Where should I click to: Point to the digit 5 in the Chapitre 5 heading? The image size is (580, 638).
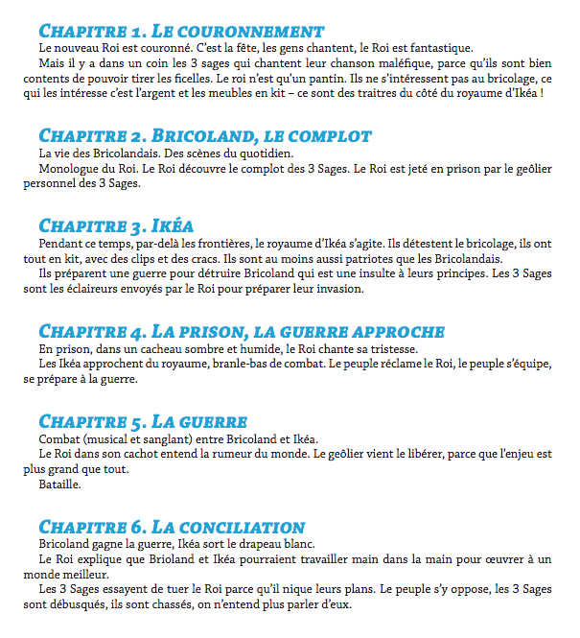click(x=139, y=422)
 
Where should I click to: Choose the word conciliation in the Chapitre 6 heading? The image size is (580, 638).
click(x=244, y=527)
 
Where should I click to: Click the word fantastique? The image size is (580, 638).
click(x=441, y=47)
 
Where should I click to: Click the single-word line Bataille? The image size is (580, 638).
click(x=60, y=484)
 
